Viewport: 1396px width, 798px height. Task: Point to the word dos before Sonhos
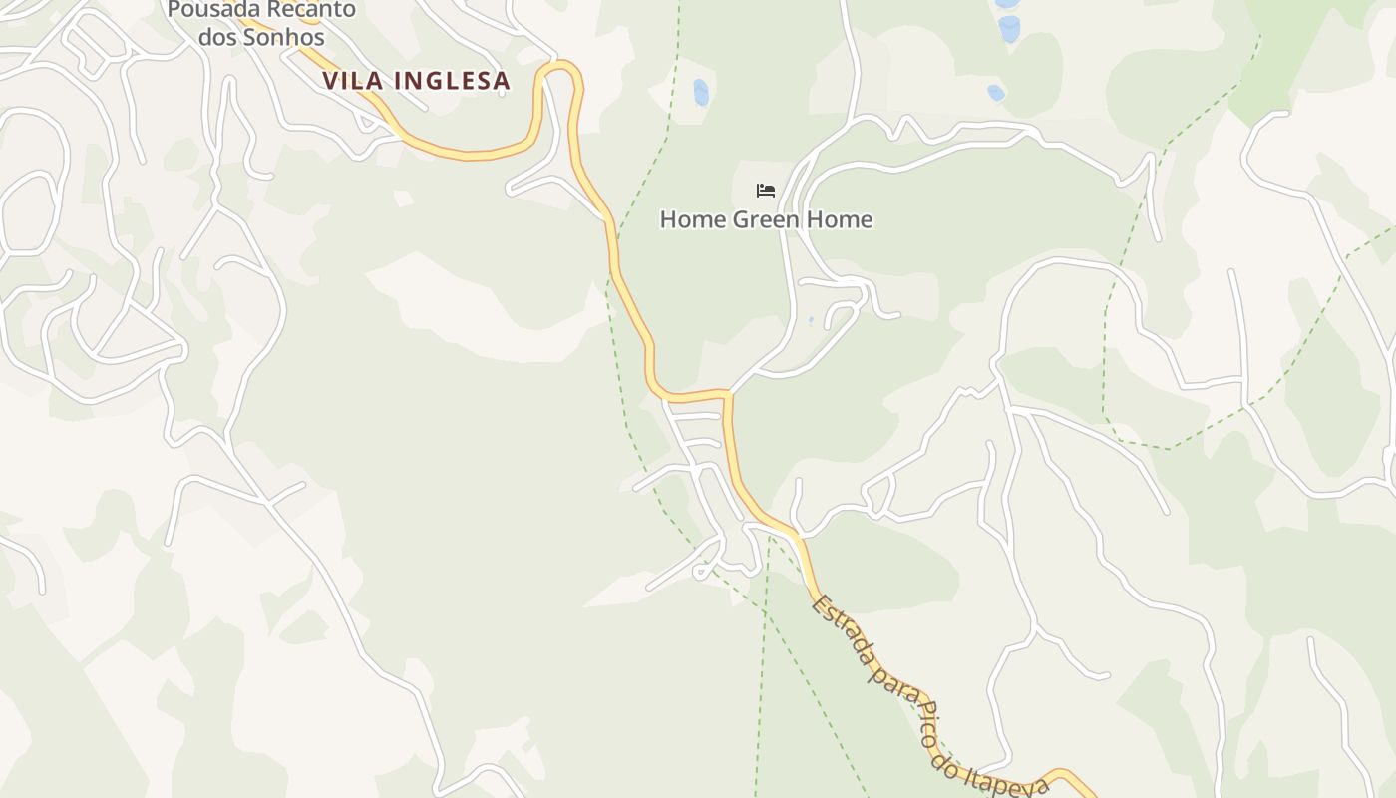point(219,38)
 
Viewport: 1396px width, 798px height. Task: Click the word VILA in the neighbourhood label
point(351,81)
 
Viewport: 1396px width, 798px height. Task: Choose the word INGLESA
point(450,81)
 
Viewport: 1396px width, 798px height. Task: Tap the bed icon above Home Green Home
point(766,190)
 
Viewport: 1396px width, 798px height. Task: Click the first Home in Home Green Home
point(693,219)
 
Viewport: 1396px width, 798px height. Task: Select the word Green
point(767,219)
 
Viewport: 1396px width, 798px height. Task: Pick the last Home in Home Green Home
point(841,219)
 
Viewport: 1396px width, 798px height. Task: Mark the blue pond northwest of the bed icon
point(701,92)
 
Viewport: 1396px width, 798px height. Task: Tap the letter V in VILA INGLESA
point(331,81)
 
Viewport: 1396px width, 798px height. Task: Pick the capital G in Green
point(740,219)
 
